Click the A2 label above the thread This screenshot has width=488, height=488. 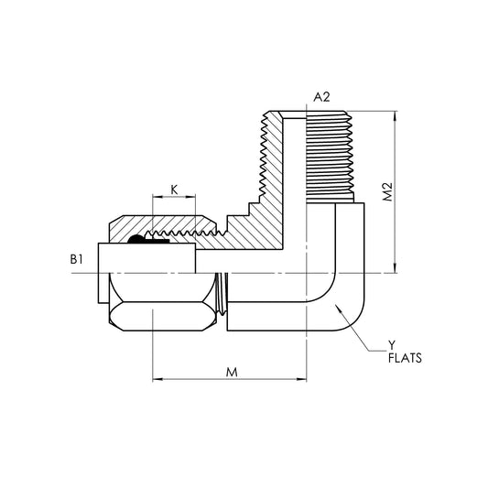pos(321,97)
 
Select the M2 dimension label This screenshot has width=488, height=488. pos(389,192)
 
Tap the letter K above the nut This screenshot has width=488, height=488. pos(174,190)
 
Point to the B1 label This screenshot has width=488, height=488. pos(77,260)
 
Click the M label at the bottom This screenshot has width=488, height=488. pos(231,373)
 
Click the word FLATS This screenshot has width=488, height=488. pos(405,359)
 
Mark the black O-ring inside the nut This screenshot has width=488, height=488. pos(136,240)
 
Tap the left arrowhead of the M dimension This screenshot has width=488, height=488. pos(155,379)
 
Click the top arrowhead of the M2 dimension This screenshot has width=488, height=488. pos(395,114)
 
